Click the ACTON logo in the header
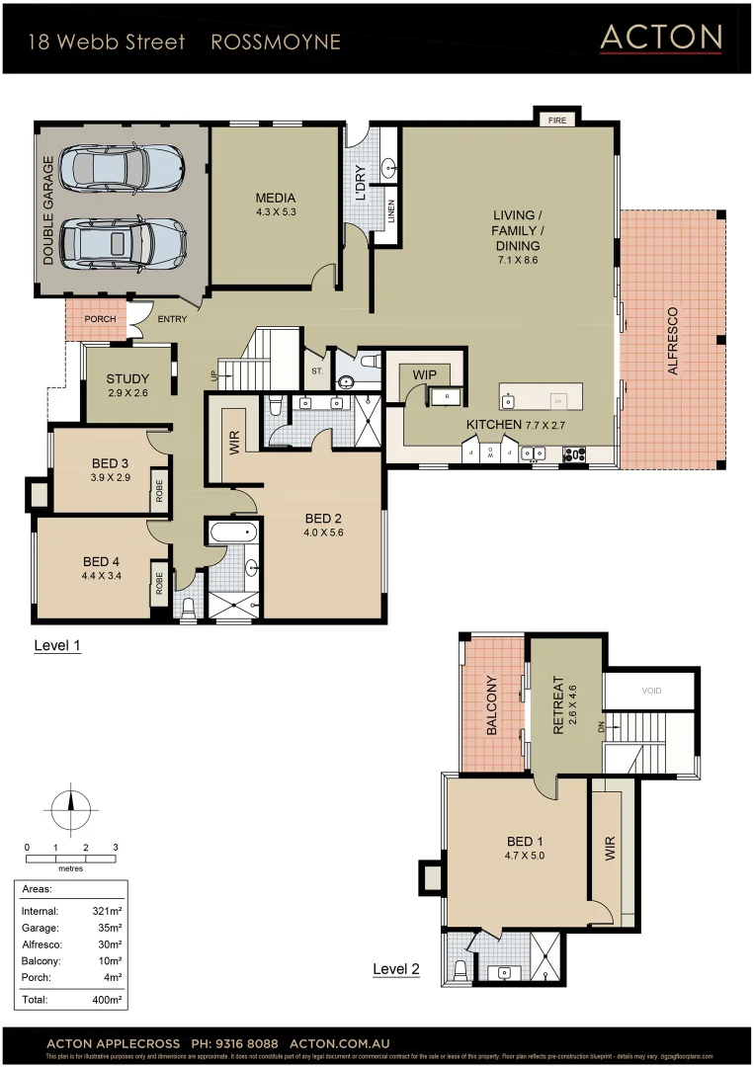pyautogui.click(x=661, y=38)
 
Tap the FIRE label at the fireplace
pyautogui.click(x=557, y=120)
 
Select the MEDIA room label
pyautogui.click(x=276, y=198)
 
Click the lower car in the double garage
pyautogui.click(x=122, y=241)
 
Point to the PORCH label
pyautogui.click(x=100, y=319)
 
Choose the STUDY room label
pyautogui.click(x=127, y=378)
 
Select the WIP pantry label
pyautogui.click(x=425, y=374)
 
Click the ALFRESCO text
pyautogui.click(x=673, y=340)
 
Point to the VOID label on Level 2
pyautogui.click(x=651, y=691)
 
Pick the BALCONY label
pyautogui.click(x=491, y=705)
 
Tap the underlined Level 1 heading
pyautogui.click(x=56, y=646)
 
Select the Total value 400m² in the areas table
pyautogui.click(x=107, y=1000)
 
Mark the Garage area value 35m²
pyautogui.click(x=109, y=928)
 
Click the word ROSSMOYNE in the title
pyautogui.click(x=276, y=41)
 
